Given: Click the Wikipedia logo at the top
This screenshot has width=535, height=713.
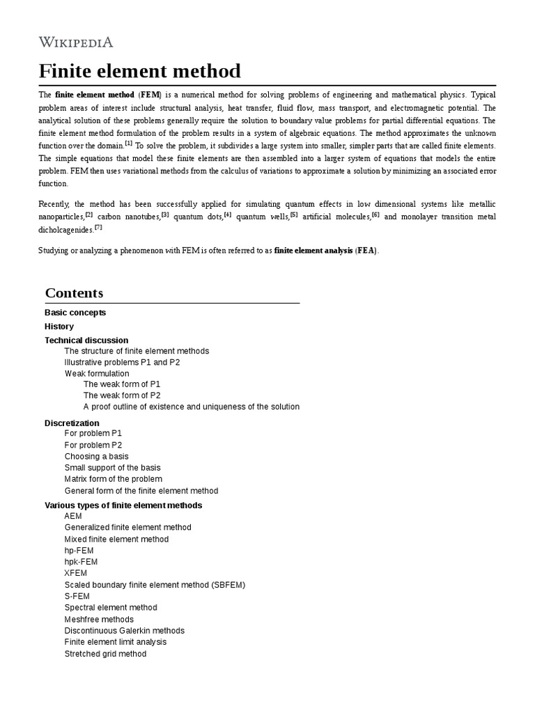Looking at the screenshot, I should (x=76, y=42).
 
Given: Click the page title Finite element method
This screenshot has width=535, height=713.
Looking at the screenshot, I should (x=139, y=71).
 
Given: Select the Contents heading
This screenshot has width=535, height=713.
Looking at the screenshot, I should (x=74, y=293).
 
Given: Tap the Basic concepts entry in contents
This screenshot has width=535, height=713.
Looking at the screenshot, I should (x=75, y=313).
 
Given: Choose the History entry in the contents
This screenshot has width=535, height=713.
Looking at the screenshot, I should (x=59, y=327).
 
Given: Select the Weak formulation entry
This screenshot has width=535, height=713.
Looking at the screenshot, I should (x=97, y=373).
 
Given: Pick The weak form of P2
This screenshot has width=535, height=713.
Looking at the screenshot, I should (x=122, y=395).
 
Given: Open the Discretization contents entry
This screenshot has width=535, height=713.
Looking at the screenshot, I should (x=72, y=423).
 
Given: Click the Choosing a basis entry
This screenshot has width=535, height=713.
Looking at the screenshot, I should (x=96, y=457).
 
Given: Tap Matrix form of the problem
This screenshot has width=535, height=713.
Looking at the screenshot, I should (x=114, y=479).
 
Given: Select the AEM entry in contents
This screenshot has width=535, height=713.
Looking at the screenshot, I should (x=73, y=516).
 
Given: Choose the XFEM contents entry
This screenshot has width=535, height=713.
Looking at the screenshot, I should (x=77, y=573).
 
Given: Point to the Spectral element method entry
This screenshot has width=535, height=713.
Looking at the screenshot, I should (x=111, y=607).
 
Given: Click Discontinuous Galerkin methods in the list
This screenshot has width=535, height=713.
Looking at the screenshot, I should (x=125, y=630).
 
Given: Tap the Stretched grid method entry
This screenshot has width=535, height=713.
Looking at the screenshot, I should (x=105, y=654).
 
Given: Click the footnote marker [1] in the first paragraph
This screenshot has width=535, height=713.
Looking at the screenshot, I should (x=128, y=143).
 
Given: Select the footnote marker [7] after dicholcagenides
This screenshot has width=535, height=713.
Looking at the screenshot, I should (x=98, y=227).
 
